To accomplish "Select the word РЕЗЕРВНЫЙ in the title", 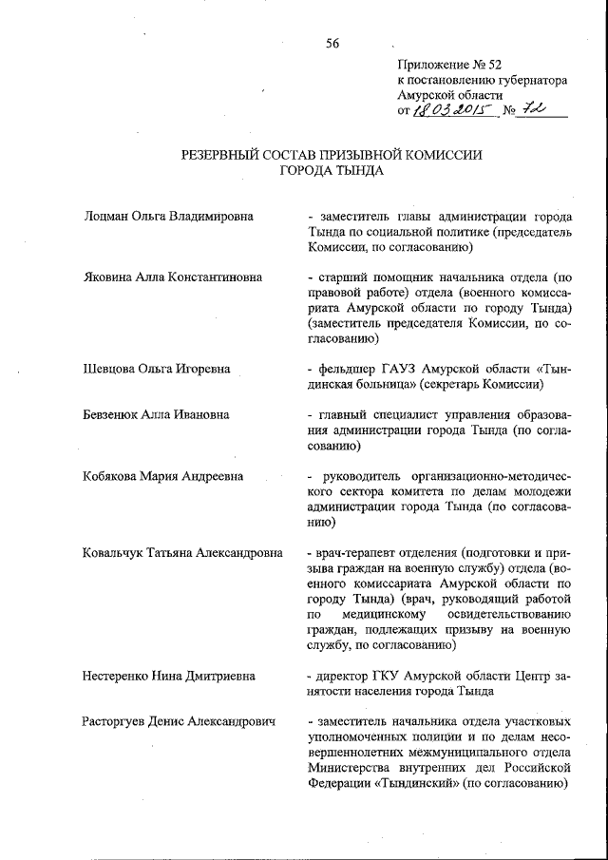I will point(221,156).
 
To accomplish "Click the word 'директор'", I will point(348,677).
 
